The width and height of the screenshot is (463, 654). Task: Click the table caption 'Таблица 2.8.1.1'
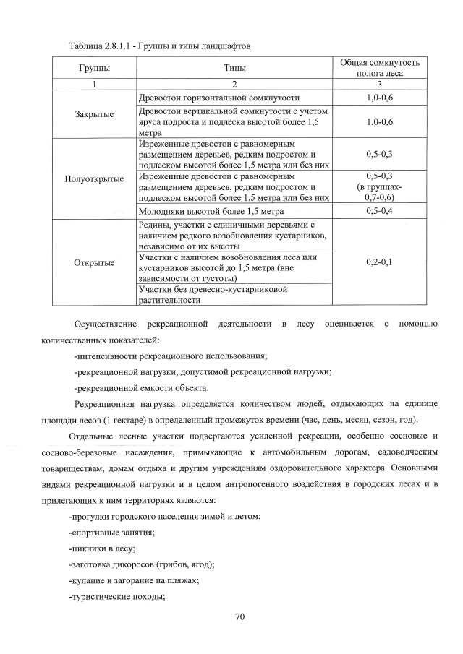(93, 46)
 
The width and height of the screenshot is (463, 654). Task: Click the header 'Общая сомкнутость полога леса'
(379, 68)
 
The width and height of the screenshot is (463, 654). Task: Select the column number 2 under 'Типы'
(234, 84)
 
